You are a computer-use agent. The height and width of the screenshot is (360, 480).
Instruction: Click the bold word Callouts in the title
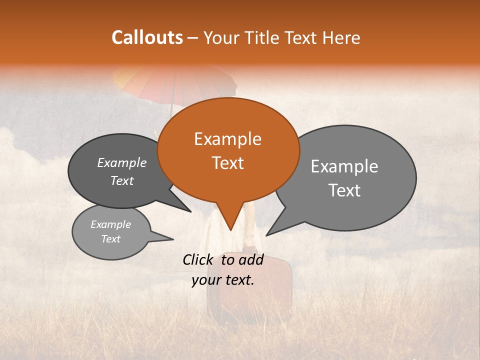(x=147, y=37)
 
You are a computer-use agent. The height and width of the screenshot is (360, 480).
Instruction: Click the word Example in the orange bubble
(x=227, y=139)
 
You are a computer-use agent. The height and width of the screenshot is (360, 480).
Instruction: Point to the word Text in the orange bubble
(x=228, y=163)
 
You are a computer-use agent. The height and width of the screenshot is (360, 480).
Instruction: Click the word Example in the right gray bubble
(x=344, y=166)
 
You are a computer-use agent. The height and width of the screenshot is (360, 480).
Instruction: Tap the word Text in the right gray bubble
(x=344, y=190)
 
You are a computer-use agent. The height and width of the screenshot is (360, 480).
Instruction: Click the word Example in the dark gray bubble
(x=121, y=163)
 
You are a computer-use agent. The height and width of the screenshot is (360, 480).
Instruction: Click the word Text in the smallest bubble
(x=111, y=239)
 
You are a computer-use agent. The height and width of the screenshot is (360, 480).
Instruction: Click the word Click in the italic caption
(x=199, y=259)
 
